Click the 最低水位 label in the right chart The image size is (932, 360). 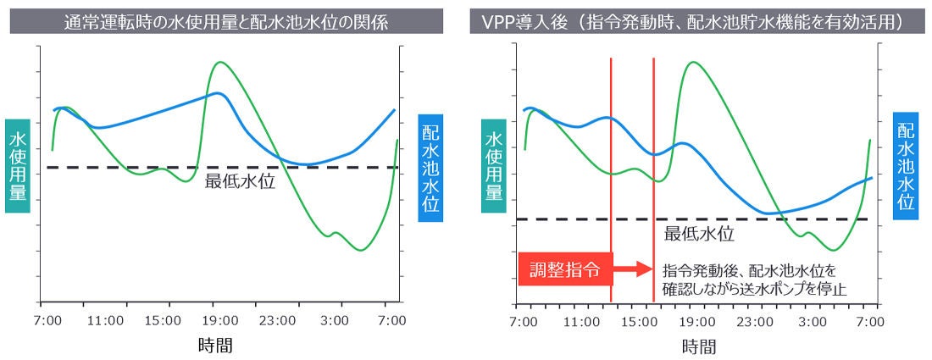698,234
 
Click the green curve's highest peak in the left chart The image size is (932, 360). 220,63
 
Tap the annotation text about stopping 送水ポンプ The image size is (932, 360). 755,280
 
